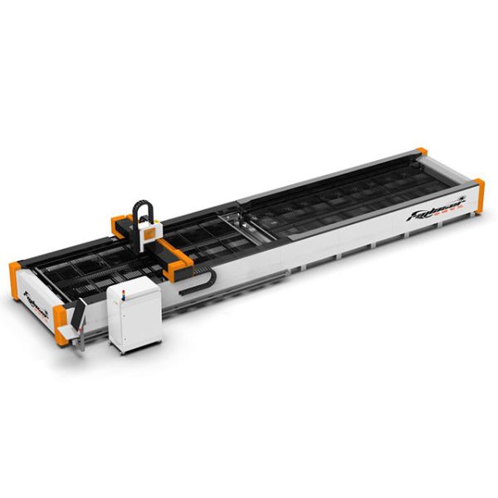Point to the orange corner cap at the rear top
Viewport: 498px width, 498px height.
click(422, 152)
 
